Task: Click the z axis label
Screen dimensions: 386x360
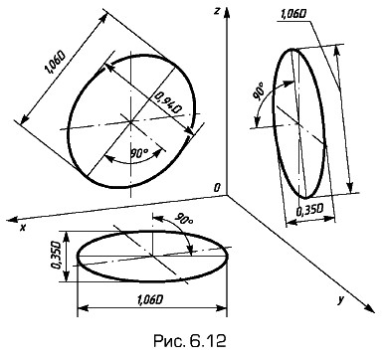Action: pyautogui.click(x=217, y=11)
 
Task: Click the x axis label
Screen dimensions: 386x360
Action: pyautogui.click(x=23, y=228)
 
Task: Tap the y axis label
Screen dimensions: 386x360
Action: pyautogui.click(x=340, y=300)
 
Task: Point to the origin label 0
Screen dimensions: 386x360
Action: pyautogui.click(x=217, y=188)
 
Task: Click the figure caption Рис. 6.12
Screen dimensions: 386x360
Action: pyautogui.click(x=190, y=341)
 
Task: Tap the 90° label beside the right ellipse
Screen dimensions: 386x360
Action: pyautogui.click(x=259, y=91)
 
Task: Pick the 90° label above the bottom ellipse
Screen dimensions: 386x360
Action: pyautogui.click(x=184, y=220)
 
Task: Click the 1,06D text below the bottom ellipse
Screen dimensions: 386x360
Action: pyautogui.click(x=149, y=300)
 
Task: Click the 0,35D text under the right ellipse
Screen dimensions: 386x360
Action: pyautogui.click(x=310, y=210)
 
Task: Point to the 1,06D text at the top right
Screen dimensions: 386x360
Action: pyautogui.click(x=292, y=14)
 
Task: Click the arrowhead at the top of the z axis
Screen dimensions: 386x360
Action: pyautogui.click(x=227, y=14)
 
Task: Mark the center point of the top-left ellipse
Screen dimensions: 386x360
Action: pyautogui.click(x=131, y=121)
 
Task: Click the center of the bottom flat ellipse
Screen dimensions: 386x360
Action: pyautogui.click(x=152, y=256)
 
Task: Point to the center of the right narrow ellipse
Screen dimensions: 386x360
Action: pyautogui.click(x=298, y=123)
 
